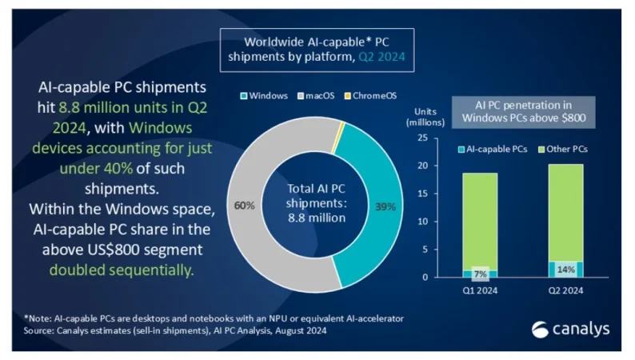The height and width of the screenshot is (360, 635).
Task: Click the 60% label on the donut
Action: pos(245,206)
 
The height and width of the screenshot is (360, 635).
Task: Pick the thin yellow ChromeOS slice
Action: pos(341,127)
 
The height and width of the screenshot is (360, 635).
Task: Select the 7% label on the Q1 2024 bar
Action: pos(480,273)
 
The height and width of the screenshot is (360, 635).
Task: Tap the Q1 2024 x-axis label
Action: pos(480,291)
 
